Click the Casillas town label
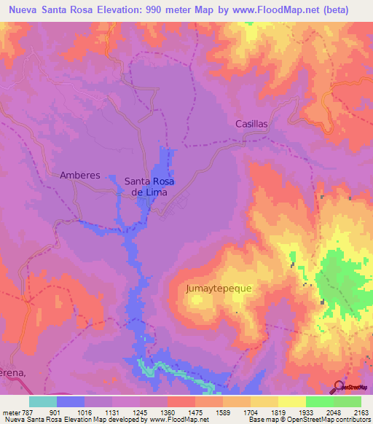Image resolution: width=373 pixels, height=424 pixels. click(x=251, y=124)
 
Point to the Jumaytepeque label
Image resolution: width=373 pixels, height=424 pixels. click(x=219, y=288)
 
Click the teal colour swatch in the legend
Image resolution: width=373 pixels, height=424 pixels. click(x=43, y=401)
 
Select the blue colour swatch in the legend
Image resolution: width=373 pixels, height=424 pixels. click(x=71, y=401)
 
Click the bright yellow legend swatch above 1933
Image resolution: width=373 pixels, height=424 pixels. click(x=292, y=401)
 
